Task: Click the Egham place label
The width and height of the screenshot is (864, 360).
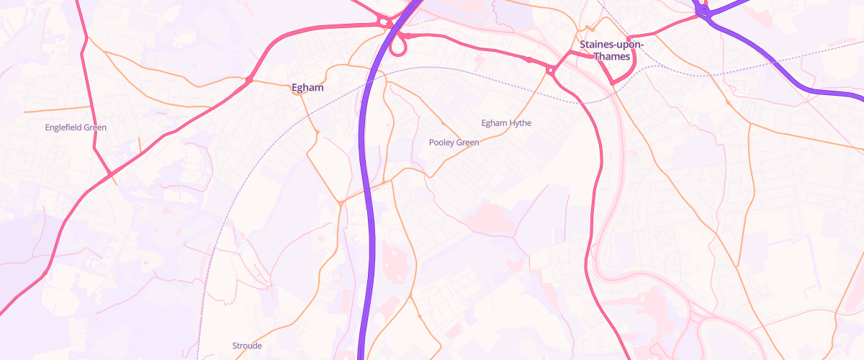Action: point(307,88)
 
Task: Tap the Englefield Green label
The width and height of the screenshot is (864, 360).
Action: point(76,127)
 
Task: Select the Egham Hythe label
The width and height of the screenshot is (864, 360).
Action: point(506,123)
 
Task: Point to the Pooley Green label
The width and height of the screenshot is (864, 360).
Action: point(454,143)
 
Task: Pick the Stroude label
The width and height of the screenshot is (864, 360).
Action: point(247,346)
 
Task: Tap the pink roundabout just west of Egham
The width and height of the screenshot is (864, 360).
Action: point(249,79)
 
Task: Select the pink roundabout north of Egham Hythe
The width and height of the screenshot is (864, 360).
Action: point(550,70)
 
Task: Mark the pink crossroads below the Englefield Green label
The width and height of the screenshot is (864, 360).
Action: point(109,175)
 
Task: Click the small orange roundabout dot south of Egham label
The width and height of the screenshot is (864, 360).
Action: point(317,132)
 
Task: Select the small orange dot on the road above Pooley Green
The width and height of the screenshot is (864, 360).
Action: point(442,122)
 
